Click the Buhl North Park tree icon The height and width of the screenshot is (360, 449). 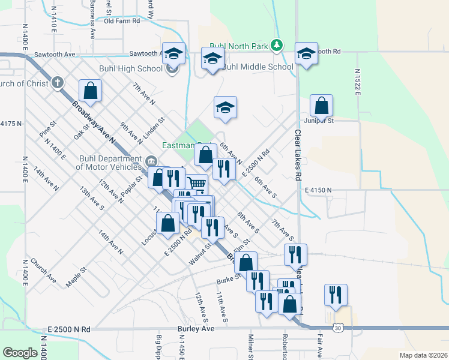click(x=276, y=45)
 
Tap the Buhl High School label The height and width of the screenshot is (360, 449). click(x=137, y=68)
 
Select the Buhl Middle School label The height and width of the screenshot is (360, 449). click(x=258, y=67)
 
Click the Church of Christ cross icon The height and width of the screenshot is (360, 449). click(x=58, y=82)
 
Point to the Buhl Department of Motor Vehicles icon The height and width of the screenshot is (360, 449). click(x=151, y=160)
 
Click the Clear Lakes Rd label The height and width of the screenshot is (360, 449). click(x=297, y=155)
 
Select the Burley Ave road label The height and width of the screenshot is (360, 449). click(x=196, y=329)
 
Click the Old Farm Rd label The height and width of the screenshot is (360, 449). click(x=122, y=20)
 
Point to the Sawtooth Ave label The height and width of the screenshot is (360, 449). click(x=55, y=54)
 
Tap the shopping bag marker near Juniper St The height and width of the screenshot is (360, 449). click(x=322, y=106)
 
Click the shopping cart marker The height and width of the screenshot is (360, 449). click(x=196, y=184)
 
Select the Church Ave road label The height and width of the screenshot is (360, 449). click(x=43, y=271)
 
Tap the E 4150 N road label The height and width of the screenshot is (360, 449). click(x=318, y=190)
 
